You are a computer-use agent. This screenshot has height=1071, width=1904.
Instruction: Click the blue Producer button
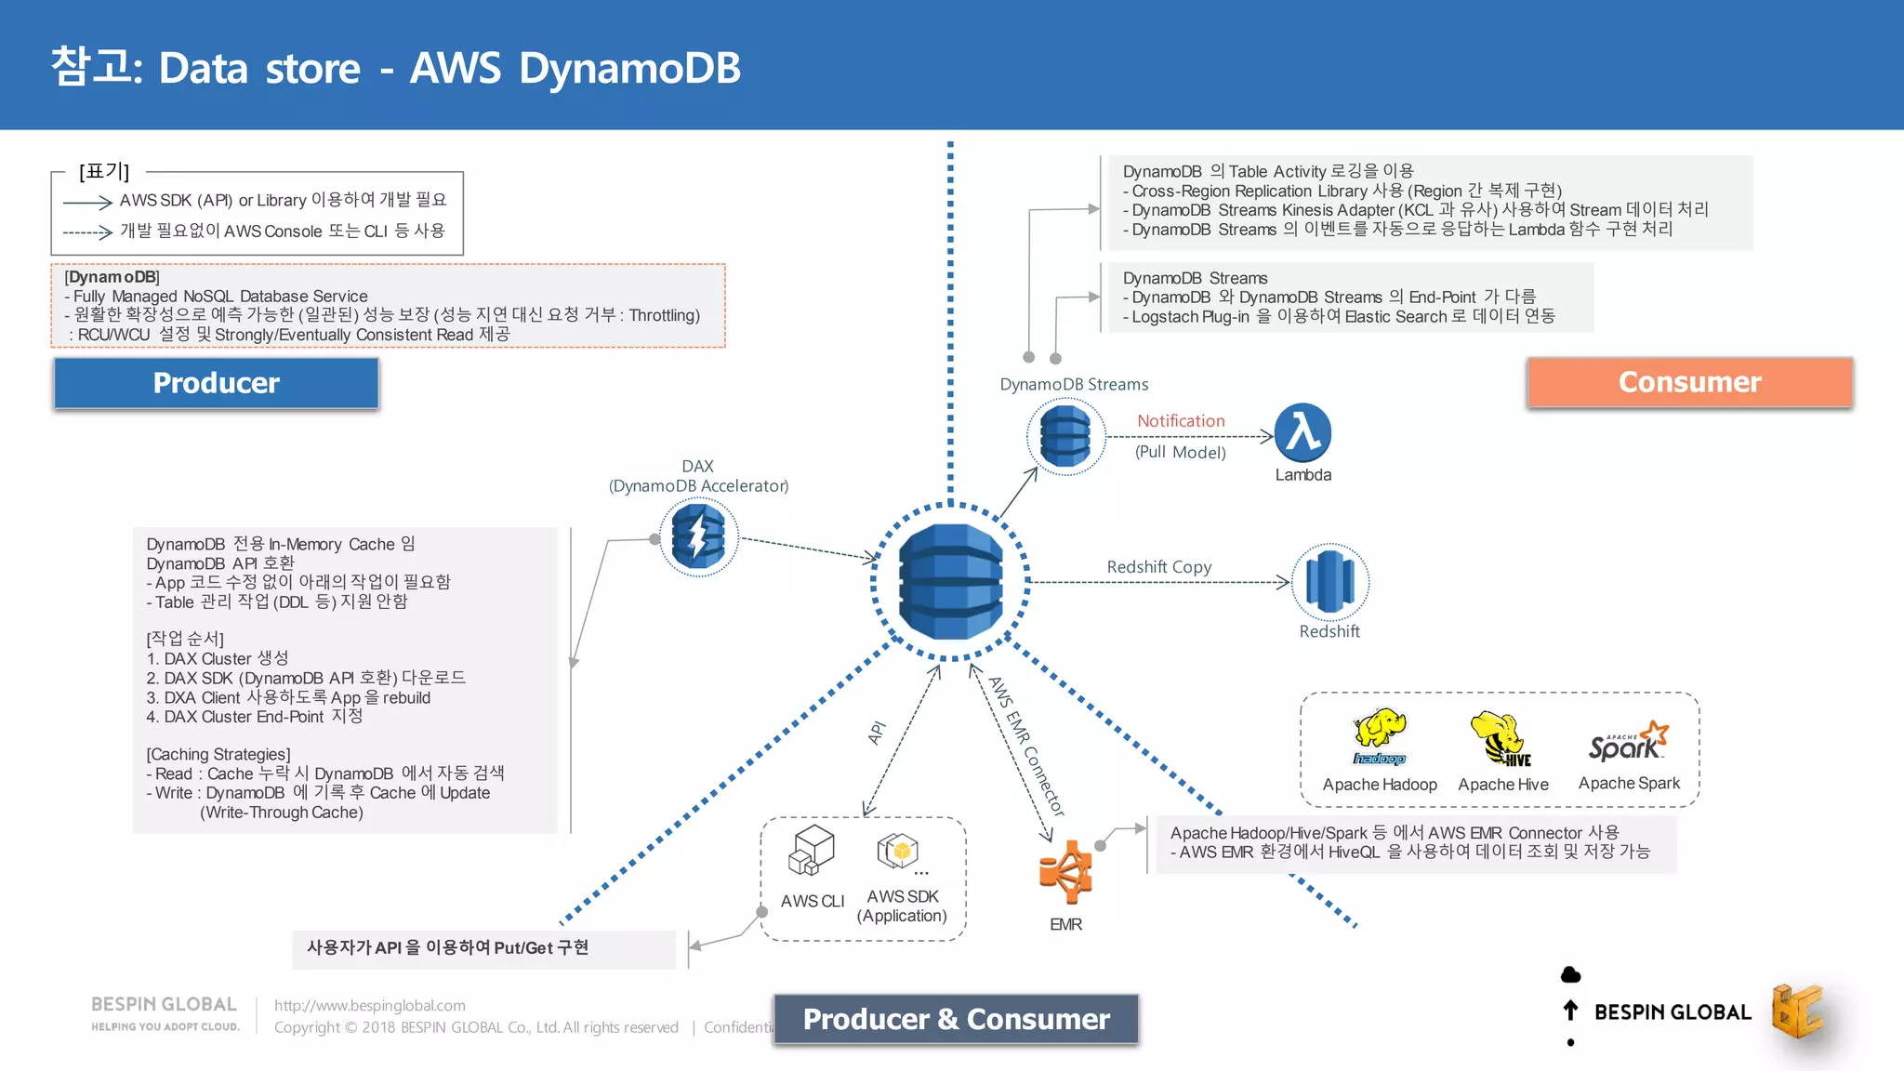tap(216, 383)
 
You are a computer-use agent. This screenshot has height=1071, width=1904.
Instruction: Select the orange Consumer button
tap(1689, 382)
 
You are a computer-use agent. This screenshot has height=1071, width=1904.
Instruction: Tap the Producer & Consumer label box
tap(956, 1019)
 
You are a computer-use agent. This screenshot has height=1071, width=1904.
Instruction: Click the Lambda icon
tap(1302, 433)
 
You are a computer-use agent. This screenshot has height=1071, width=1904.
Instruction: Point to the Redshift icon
tap(1330, 582)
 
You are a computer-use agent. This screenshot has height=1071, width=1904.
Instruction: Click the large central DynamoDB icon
tap(950, 582)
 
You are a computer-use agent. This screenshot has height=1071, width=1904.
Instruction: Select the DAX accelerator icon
tap(698, 537)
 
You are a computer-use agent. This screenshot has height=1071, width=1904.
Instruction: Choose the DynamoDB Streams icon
tap(1065, 436)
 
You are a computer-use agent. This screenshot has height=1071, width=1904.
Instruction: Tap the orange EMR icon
tap(1065, 872)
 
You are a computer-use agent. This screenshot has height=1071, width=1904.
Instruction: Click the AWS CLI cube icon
tap(812, 850)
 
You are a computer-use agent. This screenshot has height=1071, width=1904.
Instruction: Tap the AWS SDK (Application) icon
tap(898, 850)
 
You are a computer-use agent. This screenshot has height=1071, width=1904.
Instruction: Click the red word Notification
tap(1181, 421)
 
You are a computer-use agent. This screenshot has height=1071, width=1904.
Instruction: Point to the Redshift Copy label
tap(1158, 567)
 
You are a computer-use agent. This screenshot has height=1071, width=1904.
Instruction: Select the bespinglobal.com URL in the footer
tap(370, 1005)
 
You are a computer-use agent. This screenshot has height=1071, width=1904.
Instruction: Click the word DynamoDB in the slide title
tap(629, 69)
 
